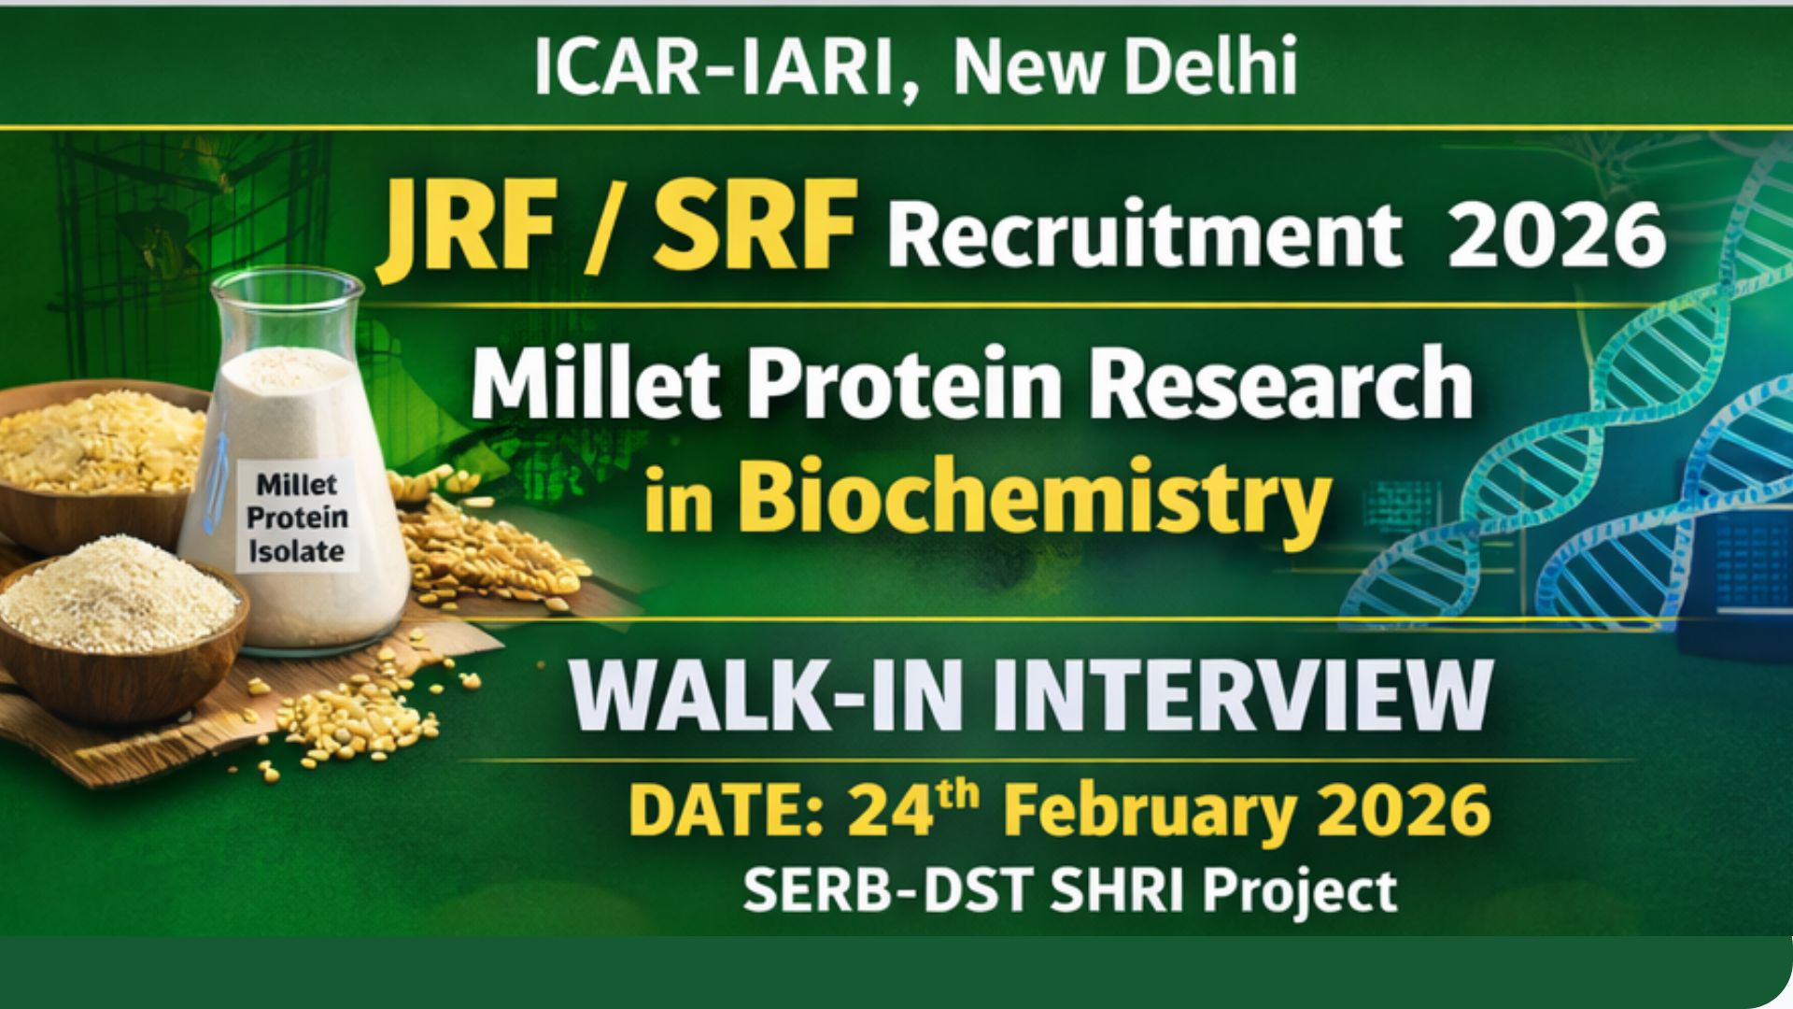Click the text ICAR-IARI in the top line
click(x=713, y=67)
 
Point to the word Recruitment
click(x=1145, y=233)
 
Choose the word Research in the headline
click(x=1279, y=384)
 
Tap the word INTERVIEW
click(x=1242, y=698)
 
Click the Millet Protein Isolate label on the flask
click(x=297, y=518)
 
